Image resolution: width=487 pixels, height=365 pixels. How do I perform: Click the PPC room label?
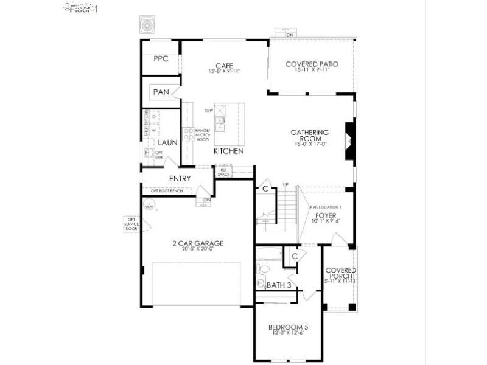point(161,59)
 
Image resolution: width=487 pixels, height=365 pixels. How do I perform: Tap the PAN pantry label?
point(161,92)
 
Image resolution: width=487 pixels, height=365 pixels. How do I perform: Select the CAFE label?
point(225,66)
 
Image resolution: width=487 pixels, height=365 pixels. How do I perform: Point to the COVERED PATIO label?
point(312,64)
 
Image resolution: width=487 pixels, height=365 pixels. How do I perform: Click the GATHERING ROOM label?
point(309,135)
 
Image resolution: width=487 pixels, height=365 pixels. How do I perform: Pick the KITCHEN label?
point(228,151)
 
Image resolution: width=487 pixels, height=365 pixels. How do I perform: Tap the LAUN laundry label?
point(167,142)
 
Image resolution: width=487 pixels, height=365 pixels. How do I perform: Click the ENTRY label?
point(180,179)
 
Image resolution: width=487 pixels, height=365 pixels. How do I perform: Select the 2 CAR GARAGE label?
point(198,243)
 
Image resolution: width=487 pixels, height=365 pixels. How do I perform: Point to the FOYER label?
point(326,215)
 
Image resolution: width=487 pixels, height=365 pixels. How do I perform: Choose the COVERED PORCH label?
point(340,273)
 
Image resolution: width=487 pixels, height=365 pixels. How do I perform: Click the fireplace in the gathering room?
point(349,141)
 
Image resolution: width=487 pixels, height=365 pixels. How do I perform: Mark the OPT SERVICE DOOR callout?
point(131,223)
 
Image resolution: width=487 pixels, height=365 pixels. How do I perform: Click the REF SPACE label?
point(223,172)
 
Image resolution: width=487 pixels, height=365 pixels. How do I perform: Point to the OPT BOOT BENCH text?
point(167,191)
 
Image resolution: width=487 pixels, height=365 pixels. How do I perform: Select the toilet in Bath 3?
point(264,268)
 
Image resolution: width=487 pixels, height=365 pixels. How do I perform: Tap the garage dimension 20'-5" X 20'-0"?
point(198,249)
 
